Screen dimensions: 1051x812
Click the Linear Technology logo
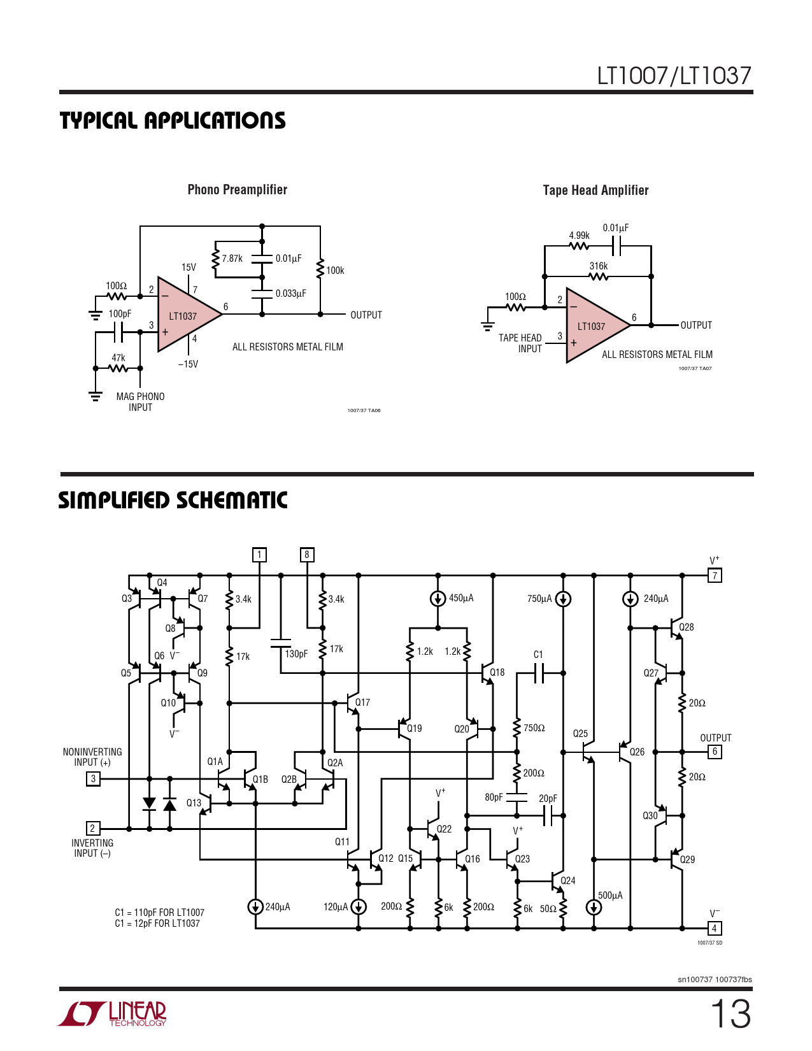[113, 1014]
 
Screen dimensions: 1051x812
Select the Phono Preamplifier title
[237, 190]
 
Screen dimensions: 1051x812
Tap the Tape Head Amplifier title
[595, 190]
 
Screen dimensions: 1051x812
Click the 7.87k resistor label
[232, 259]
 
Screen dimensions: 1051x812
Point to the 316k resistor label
[598, 266]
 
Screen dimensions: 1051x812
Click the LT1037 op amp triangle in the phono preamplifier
[184, 315]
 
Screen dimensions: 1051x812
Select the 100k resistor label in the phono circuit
[335, 271]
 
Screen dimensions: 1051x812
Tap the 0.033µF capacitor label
[290, 294]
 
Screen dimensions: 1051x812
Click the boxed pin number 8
[307, 555]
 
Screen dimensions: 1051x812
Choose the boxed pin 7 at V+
[715, 576]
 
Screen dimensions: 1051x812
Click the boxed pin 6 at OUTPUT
[715, 752]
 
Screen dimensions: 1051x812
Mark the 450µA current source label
[461, 598]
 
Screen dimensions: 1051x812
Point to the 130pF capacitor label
[296, 654]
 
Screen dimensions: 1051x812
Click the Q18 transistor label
[497, 672]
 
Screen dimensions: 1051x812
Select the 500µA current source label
[610, 896]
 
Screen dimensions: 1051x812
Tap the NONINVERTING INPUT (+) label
[92, 757]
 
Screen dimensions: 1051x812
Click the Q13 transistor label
[194, 803]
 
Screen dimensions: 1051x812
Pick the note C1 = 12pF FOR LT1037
[157, 924]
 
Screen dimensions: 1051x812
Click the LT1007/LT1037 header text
[674, 76]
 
